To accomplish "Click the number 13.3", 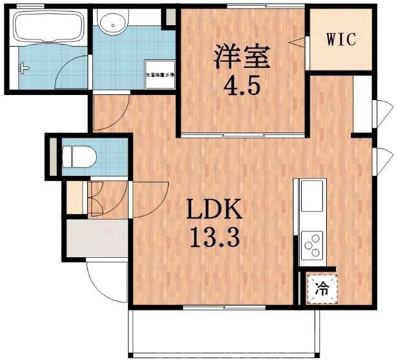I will tap(214, 238).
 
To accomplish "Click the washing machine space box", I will tap(158, 74).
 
